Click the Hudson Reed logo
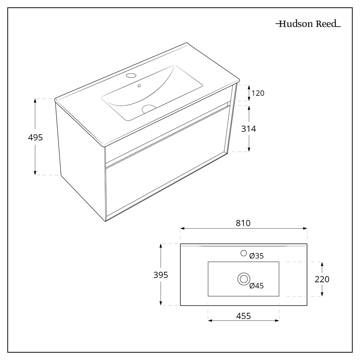coord(308,24)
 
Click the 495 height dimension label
coord(36,137)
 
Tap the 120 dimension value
coord(258,93)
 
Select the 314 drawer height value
coord(249,129)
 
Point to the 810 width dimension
coord(243,223)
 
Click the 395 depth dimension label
coord(161,275)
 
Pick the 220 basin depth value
coord(322,279)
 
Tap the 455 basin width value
coord(243,316)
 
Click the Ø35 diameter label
coord(257,256)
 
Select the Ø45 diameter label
coord(257,286)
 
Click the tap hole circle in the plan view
coord(244,253)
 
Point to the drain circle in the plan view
coord(244,279)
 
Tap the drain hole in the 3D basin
coord(148,108)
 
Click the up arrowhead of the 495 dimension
coord(35,100)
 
